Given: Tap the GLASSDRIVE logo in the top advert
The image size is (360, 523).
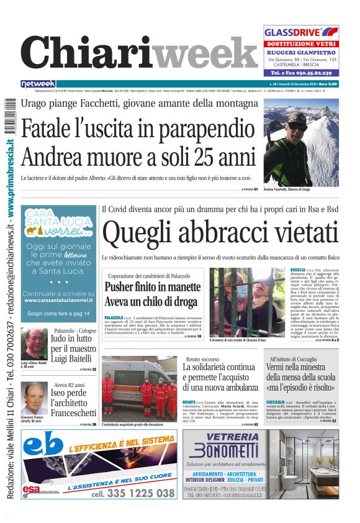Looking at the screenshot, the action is [x=301, y=32].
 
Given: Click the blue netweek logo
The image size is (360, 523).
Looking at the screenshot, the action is [x=38, y=84].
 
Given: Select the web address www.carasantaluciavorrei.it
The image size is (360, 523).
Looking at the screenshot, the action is [x=58, y=300].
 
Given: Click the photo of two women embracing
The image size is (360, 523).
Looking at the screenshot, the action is [x=247, y=302].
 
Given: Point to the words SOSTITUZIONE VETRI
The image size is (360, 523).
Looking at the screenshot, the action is [x=300, y=44].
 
